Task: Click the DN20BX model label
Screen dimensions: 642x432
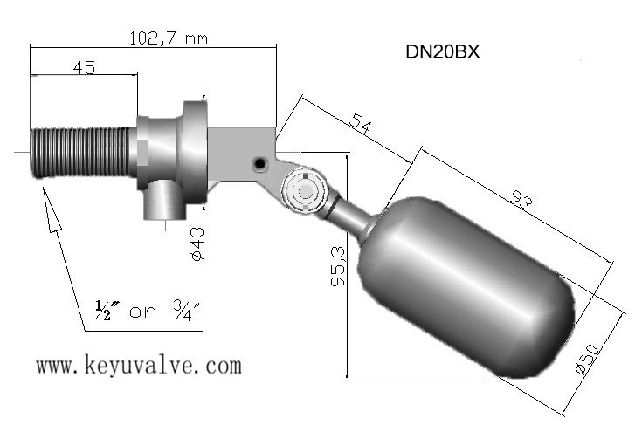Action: coord(442,52)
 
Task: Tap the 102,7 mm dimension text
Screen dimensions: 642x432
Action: coord(169,38)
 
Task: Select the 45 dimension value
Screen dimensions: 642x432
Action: coord(85,67)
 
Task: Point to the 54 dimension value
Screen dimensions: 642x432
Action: coord(360,123)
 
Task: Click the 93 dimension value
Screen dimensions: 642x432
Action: coord(521,201)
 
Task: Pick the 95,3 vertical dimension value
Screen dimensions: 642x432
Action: coord(338,266)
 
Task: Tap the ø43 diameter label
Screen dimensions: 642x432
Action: coord(197,244)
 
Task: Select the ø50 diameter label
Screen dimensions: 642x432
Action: coord(587,359)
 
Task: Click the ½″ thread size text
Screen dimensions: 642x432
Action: coord(107,311)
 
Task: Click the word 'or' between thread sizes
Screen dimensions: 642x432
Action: coord(142,312)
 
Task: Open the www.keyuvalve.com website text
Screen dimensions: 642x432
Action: coord(139,366)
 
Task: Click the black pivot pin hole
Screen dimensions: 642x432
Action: coord(259,164)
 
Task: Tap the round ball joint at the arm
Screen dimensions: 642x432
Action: coord(304,190)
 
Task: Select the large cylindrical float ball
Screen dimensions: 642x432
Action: coord(466,287)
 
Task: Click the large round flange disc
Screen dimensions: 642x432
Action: coord(195,152)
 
